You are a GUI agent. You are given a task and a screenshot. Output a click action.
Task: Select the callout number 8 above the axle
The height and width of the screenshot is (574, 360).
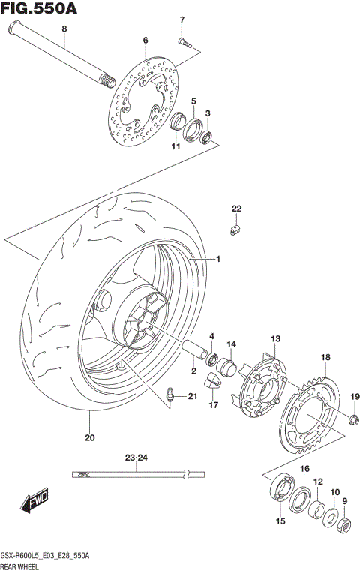(64, 29)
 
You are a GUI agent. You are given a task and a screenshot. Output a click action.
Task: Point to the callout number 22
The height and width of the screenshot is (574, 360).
(236, 208)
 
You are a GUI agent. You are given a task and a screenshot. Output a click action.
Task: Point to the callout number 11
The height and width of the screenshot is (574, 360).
(175, 146)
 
